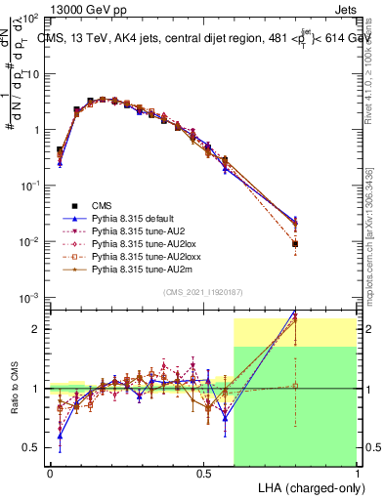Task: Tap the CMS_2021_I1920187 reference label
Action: tap(203, 292)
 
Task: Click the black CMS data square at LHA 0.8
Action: tap(295, 244)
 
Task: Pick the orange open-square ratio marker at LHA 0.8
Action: tap(295, 386)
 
